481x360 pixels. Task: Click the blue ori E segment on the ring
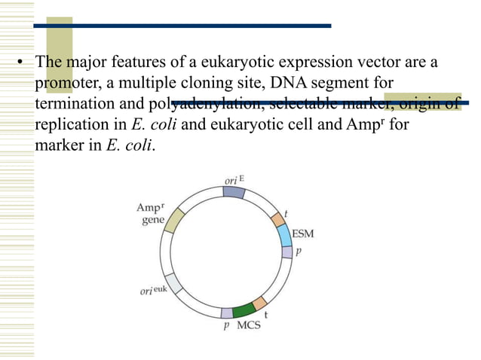click(234, 192)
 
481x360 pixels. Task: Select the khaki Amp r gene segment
click(174, 220)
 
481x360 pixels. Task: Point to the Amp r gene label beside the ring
click(149, 213)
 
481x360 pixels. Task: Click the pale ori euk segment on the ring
click(173, 282)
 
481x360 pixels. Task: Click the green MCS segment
click(244, 310)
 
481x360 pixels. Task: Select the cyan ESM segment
click(284, 236)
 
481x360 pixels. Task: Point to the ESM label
click(302, 233)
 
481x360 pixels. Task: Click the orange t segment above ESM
click(278, 219)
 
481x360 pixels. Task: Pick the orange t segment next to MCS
click(260, 304)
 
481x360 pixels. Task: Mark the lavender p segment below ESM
click(286, 252)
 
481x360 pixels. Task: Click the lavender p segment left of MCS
click(227, 313)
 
